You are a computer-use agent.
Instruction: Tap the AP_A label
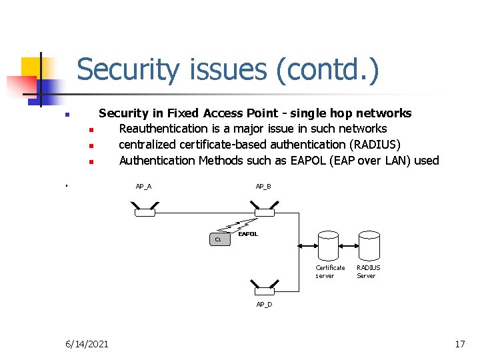coord(143,186)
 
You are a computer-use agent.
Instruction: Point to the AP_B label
coord(263,186)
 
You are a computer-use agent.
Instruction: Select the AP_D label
coord(264,305)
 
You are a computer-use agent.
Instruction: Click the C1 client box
coord(219,239)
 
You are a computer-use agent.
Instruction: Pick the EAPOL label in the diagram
coord(248,234)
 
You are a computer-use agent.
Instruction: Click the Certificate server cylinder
coord(329,246)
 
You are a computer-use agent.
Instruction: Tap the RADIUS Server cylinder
coord(369,246)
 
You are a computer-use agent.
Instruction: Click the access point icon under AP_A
coord(144,212)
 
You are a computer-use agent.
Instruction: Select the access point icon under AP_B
coord(265,212)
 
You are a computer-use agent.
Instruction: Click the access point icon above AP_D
coord(265,291)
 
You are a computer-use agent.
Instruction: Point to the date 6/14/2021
coord(87,344)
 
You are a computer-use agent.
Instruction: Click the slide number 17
coord(459,344)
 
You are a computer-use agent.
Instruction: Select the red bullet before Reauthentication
coord(91,129)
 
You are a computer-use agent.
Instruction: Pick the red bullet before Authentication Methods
coord(91,161)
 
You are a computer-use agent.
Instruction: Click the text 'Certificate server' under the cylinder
coord(330,271)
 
